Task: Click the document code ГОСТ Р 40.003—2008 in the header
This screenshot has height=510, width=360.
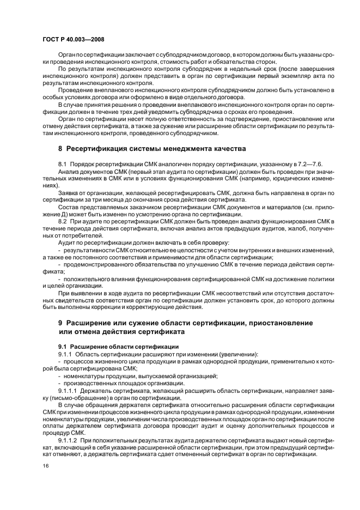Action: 74,40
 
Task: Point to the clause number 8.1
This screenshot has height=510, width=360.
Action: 63,164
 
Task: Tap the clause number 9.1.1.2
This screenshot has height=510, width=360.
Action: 68,439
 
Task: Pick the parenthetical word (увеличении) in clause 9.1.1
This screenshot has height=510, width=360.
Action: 237,354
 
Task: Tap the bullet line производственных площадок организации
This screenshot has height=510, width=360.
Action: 123,383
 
